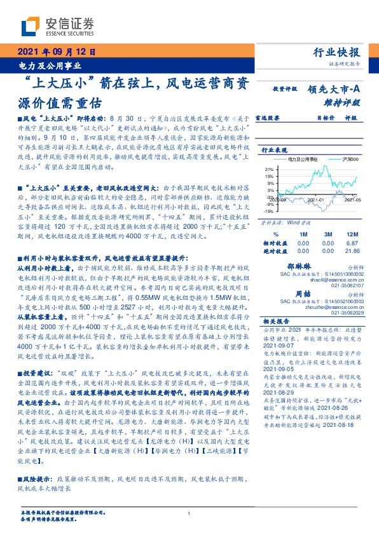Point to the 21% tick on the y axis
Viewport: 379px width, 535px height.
[270, 170]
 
